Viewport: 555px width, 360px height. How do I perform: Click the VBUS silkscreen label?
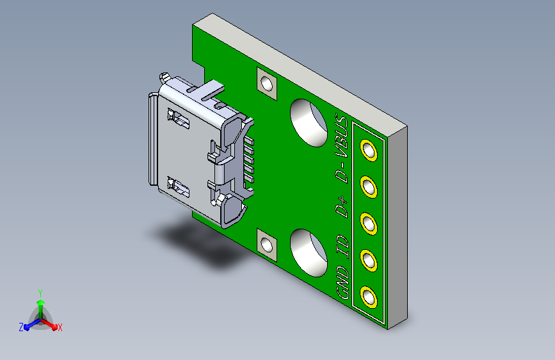[342, 135]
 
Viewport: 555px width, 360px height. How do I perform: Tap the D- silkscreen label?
[342, 172]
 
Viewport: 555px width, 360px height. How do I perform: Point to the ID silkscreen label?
[342, 247]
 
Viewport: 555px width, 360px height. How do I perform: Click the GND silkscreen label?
[342, 282]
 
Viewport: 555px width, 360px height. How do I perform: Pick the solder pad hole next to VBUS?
[369, 151]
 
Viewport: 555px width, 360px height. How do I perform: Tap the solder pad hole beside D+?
[369, 224]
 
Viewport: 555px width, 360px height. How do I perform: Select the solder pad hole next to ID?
[369, 261]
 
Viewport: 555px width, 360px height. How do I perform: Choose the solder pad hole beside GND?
[369, 297]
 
